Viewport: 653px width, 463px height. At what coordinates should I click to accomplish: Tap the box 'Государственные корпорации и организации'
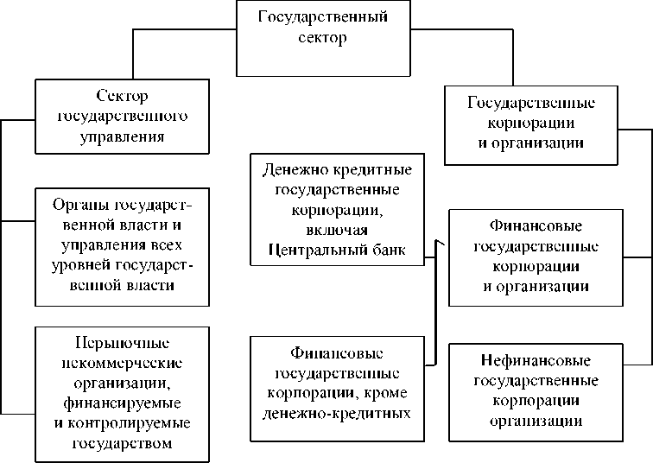(x=530, y=124)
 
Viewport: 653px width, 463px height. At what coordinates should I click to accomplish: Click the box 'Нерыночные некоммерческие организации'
(x=123, y=394)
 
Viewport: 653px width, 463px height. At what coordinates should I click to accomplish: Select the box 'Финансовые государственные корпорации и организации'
(x=535, y=257)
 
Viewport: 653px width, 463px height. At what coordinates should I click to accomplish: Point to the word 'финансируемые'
(x=123, y=403)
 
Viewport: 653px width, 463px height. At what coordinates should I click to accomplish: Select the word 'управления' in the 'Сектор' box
(x=123, y=136)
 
